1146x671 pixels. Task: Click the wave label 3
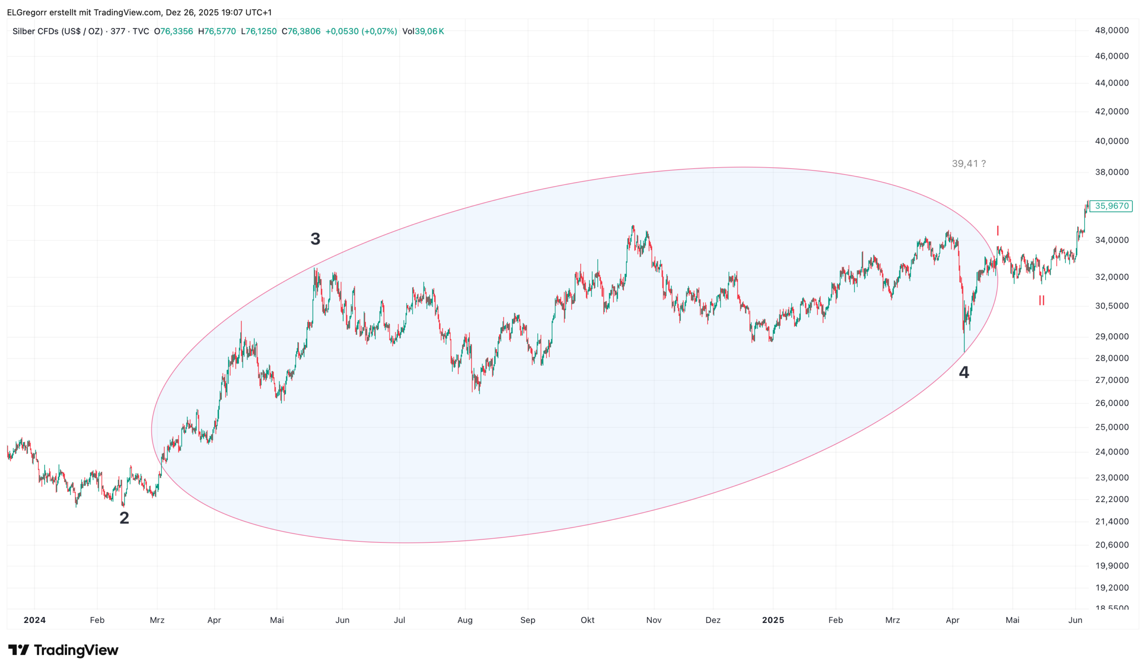[x=315, y=239]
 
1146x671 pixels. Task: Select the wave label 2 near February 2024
[x=124, y=518]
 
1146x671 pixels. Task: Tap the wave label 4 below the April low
[x=964, y=372]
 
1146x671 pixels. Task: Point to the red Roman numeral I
[x=997, y=231]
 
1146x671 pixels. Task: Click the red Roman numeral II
[x=1041, y=301]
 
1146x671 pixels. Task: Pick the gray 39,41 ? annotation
[x=969, y=164]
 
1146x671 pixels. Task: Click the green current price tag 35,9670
[x=1111, y=206]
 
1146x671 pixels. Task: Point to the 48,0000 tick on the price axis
[x=1112, y=31]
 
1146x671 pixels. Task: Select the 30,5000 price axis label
[x=1112, y=306]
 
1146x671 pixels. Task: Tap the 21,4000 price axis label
[x=1112, y=522]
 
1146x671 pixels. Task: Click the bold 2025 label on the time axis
[x=773, y=620]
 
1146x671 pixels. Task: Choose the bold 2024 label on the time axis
[x=35, y=620]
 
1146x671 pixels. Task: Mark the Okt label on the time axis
[x=587, y=620]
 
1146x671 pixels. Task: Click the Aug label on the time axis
[x=465, y=620]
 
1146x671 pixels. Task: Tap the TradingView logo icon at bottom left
[x=18, y=650]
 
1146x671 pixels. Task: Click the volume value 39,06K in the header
[x=429, y=32]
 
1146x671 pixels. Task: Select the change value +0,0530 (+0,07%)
[x=361, y=32]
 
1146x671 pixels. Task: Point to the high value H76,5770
[x=217, y=32]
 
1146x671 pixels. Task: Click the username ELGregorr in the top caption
[x=27, y=12]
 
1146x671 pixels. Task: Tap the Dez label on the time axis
[x=713, y=620]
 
